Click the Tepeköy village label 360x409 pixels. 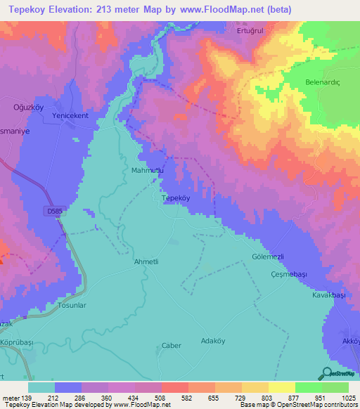pyautogui.click(x=176, y=199)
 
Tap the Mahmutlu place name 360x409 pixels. pyautogui.click(x=148, y=170)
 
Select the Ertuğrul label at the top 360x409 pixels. pyautogui.click(x=251, y=32)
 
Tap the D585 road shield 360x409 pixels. pyautogui.click(x=56, y=210)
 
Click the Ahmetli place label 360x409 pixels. pyautogui.click(x=148, y=261)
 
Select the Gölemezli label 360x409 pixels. pyautogui.click(x=271, y=258)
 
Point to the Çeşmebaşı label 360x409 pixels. pyautogui.click(x=290, y=275)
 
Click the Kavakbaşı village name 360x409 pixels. pyautogui.click(x=329, y=296)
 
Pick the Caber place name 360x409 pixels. pyautogui.click(x=172, y=346)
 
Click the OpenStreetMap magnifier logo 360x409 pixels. pyautogui.click(x=326, y=374)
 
